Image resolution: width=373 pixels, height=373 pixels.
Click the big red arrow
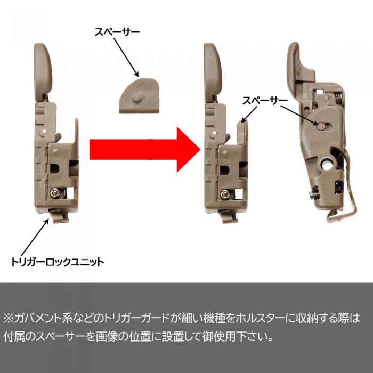pyautogui.click(x=145, y=149)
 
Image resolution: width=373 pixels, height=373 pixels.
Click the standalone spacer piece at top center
pyautogui.click(x=139, y=95)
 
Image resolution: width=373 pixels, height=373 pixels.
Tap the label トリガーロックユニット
pyautogui.click(x=58, y=262)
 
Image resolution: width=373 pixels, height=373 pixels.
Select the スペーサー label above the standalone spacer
pyautogui.click(x=117, y=32)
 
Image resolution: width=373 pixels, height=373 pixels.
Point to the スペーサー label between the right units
pyautogui.click(x=265, y=101)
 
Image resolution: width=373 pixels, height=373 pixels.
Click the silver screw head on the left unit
pyautogui.click(x=55, y=193)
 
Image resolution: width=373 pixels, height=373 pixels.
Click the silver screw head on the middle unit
pyautogui.click(x=224, y=194)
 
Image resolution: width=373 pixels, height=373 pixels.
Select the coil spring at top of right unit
pyautogui.click(x=339, y=97)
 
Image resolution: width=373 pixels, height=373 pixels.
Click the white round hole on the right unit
pyautogui.click(x=327, y=165)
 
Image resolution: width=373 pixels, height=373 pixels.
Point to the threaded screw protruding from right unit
pyautogui.click(x=314, y=192)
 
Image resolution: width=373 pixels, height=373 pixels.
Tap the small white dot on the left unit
pyautogui.click(x=45, y=131)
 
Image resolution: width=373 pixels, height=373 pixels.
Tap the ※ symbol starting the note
pyautogui.click(x=9, y=318)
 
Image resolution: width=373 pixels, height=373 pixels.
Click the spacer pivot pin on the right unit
pyautogui.click(x=320, y=127)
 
